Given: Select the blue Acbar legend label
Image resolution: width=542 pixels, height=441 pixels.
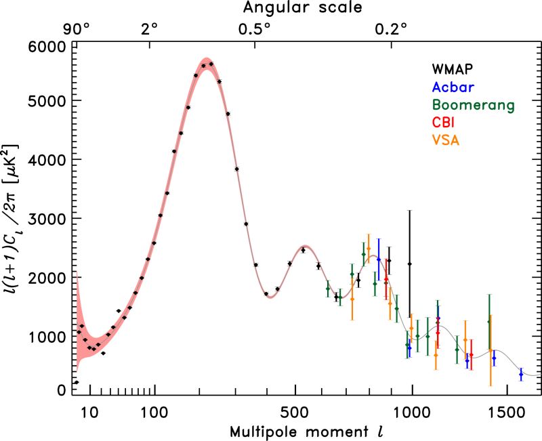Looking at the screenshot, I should click(x=453, y=87).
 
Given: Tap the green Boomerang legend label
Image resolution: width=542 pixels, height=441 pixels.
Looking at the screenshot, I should click(x=473, y=105).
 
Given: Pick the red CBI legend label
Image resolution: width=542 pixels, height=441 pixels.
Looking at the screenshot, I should click(x=444, y=123).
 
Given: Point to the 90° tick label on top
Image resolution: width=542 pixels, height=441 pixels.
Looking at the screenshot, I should click(x=77, y=29).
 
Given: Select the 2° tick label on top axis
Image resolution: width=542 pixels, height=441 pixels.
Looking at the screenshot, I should click(x=150, y=29).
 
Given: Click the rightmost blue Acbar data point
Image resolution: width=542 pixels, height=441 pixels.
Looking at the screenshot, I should click(x=520, y=374).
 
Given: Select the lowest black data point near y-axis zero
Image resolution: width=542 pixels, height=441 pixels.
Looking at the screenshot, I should click(x=77, y=383).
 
